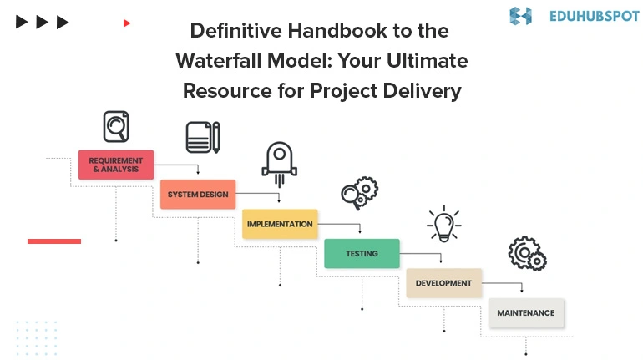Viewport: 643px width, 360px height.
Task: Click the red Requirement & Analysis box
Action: coord(116,165)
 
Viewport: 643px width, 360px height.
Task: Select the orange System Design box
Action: coord(198,195)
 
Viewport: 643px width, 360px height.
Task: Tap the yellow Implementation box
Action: coord(280,224)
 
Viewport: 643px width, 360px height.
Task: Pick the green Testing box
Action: coord(362,253)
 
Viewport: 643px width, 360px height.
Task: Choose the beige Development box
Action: coord(443,283)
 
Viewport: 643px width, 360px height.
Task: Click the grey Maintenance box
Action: coord(526,313)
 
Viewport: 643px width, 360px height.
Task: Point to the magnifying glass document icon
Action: coord(116,127)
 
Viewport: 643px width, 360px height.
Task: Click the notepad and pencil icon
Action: coord(203,137)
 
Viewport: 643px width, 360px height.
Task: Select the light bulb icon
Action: coord(444,224)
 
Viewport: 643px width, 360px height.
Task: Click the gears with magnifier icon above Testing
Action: coord(360,193)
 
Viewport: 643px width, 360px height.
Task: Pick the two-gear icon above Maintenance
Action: coord(528,253)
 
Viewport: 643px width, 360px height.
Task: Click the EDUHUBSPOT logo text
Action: coord(595,16)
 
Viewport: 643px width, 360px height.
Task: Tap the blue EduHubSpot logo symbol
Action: coord(521,16)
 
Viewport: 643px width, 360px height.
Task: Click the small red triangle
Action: coord(127,23)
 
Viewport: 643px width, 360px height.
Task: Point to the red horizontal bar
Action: coord(54,241)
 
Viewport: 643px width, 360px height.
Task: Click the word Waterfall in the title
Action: coord(219,61)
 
